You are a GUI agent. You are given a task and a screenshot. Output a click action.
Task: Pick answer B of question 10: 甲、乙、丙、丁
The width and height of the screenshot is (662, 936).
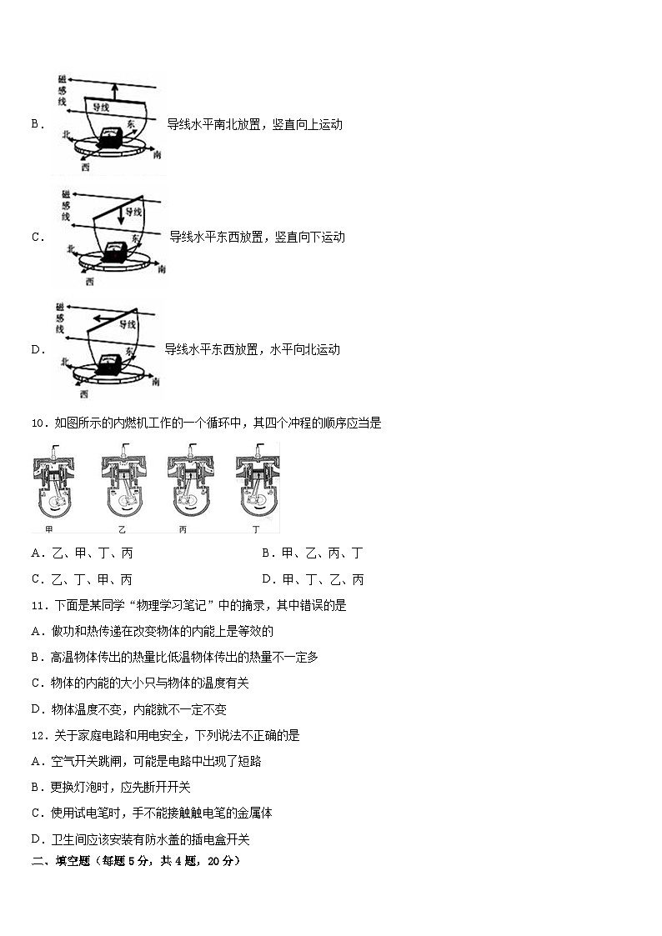pos(312,553)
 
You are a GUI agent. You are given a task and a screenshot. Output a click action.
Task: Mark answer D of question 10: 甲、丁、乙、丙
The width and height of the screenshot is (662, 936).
pos(312,579)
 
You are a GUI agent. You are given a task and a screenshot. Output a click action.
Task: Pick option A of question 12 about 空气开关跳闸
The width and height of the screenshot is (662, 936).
pos(146,761)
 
